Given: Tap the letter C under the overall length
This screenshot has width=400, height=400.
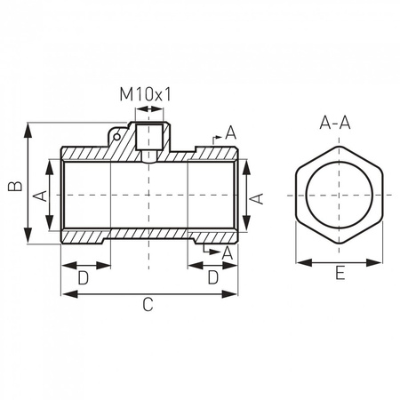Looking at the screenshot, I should pyautogui.click(x=148, y=305).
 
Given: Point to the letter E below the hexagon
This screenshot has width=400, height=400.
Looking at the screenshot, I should pyautogui.click(x=340, y=276).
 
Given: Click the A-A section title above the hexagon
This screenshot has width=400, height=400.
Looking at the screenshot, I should pyautogui.click(x=340, y=123).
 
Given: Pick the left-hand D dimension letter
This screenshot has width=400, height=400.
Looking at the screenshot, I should pyautogui.click(x=84, y=277).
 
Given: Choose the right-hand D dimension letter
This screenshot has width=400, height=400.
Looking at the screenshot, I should pyautogui.click(x=213, y=277).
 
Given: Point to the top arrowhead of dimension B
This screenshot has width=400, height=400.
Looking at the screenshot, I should pyautogui.click(x=29, y=126).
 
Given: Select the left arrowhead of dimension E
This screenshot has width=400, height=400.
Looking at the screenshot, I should pyautogui.click(x=300, y=262).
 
